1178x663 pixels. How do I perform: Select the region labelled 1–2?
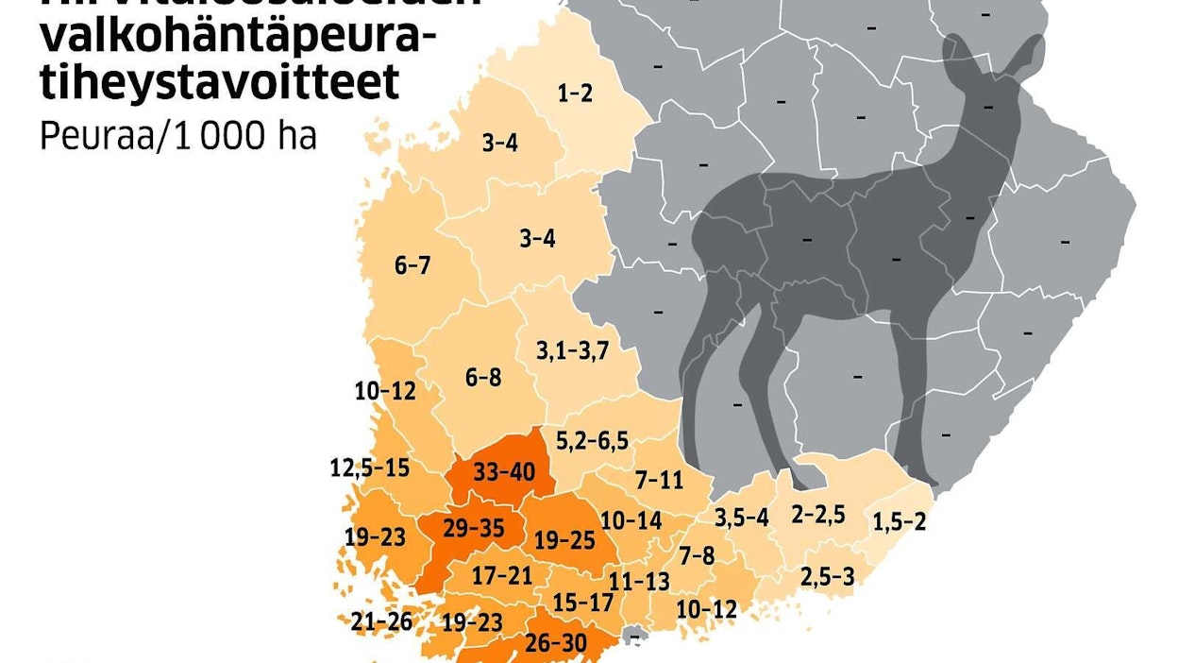tap(574, 93)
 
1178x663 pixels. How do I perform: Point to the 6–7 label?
tap(412, 265)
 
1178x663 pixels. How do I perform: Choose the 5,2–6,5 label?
tap(592, 441)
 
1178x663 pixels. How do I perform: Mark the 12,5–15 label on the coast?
tap(370, 467)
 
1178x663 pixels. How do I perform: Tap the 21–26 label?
tap(381, 621)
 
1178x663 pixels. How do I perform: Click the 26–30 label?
tap(557, 643)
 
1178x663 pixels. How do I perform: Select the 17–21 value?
tap(502, 574)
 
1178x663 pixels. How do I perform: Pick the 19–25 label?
tap(565, 540)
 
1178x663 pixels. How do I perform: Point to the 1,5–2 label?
tap(899, 520)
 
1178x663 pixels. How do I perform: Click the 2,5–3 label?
tap(827, 576)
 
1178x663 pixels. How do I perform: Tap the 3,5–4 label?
tap(742, 518)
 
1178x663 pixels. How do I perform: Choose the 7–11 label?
tap(659, 480)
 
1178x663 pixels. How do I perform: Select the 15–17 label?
tap(583, 603)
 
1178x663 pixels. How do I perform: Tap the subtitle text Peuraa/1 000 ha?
tap(178, 137)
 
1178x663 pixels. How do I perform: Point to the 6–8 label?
tap(483, 378)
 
